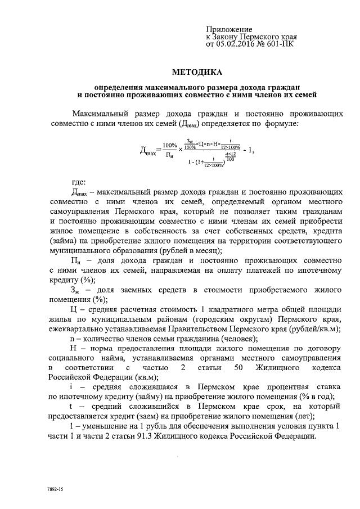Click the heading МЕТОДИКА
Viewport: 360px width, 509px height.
click(197, 72)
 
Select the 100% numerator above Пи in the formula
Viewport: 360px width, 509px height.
click(169, 145)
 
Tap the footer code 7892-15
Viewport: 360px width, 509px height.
click(56, 490)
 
